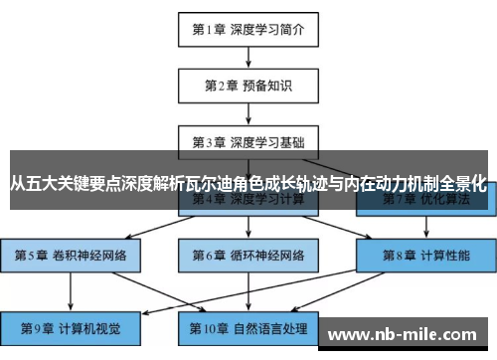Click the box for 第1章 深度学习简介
click(248, 29)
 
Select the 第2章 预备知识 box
click(248, 85)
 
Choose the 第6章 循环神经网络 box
click(248, 256)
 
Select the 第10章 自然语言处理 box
click(248, 328)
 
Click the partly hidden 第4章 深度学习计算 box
click(248, 202)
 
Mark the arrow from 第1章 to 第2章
click(248, 57)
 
